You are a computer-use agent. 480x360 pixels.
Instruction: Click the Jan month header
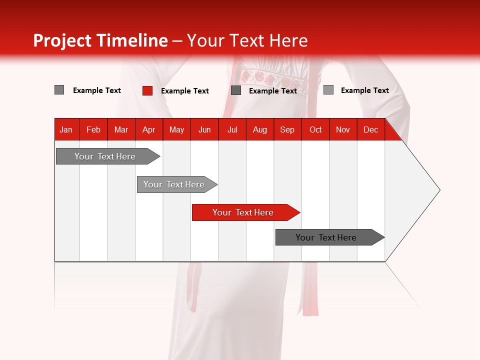pos(66,129)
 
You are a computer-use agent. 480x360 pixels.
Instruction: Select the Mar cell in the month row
pos(121,129)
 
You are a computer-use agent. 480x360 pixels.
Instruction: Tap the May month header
pos(176,129)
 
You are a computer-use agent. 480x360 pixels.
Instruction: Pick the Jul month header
pos(232,129)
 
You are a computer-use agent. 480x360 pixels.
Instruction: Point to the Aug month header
pos(259,129)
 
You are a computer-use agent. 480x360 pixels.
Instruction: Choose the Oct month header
pos(315,129)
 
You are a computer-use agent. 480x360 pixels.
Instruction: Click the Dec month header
pos(370,129)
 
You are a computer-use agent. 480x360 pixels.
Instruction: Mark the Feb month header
pos(93,129)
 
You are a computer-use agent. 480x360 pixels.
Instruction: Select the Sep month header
pos(287,129)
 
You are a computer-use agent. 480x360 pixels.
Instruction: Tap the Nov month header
pos(343,129)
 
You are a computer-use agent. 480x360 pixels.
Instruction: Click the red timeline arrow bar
pos(242,212)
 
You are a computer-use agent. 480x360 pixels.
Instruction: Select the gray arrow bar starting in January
pos(105,156)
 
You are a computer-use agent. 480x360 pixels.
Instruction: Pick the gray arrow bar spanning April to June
pos(174,184)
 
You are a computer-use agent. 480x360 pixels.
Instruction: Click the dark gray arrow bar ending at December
pos(326,237)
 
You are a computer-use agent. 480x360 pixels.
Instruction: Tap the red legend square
pos(147,90)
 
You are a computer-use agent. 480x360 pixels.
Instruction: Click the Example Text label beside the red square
pos(185,91)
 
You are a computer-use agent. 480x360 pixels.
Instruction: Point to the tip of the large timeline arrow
pos(439,190)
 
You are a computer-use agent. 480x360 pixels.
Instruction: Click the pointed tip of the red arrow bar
pos(299,212)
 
